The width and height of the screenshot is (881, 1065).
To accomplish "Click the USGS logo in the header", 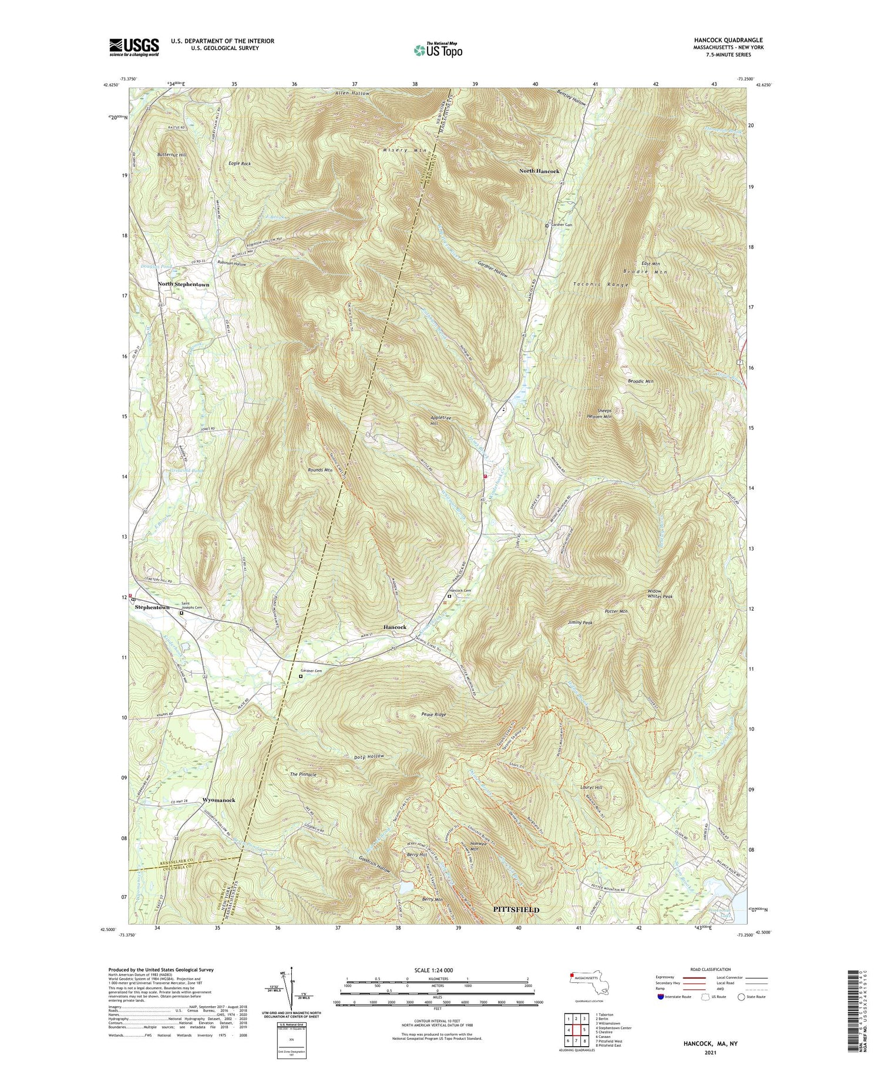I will pos(134,47).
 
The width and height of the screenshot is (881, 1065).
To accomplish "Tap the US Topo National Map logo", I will pos(438,50).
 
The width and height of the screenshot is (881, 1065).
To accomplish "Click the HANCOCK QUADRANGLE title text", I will pos(728,40).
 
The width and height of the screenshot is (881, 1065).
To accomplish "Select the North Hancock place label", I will pos(539,171).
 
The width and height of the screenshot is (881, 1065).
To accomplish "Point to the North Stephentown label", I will pos(183,284).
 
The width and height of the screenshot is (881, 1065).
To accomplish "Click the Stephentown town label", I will pos(152,607).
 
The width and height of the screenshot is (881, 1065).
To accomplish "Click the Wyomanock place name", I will pos(218,801).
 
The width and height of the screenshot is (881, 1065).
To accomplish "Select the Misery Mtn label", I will pos(404,150).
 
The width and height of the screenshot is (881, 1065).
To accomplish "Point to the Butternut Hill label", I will pos(172,154).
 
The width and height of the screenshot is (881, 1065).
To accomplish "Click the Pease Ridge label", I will pos(433,715).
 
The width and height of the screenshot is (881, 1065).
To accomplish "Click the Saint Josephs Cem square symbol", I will pos(181,613).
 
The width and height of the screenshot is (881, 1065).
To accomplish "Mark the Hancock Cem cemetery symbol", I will pos(449,596).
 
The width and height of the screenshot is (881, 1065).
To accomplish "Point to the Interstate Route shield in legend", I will pos(660,997).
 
